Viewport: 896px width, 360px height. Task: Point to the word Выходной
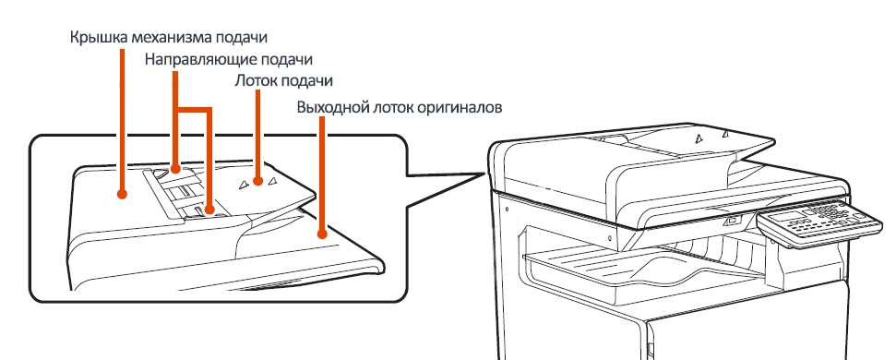(329, 107)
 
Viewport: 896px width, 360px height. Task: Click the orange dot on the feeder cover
(122, 194)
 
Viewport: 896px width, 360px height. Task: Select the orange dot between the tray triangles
(257, 182)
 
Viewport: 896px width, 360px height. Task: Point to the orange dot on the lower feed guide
(210, 210)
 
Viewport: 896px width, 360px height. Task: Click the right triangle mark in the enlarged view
(272, 181)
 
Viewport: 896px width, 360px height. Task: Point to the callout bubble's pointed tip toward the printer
(485, 172)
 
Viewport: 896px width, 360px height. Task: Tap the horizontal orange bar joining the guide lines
(193, 108)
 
